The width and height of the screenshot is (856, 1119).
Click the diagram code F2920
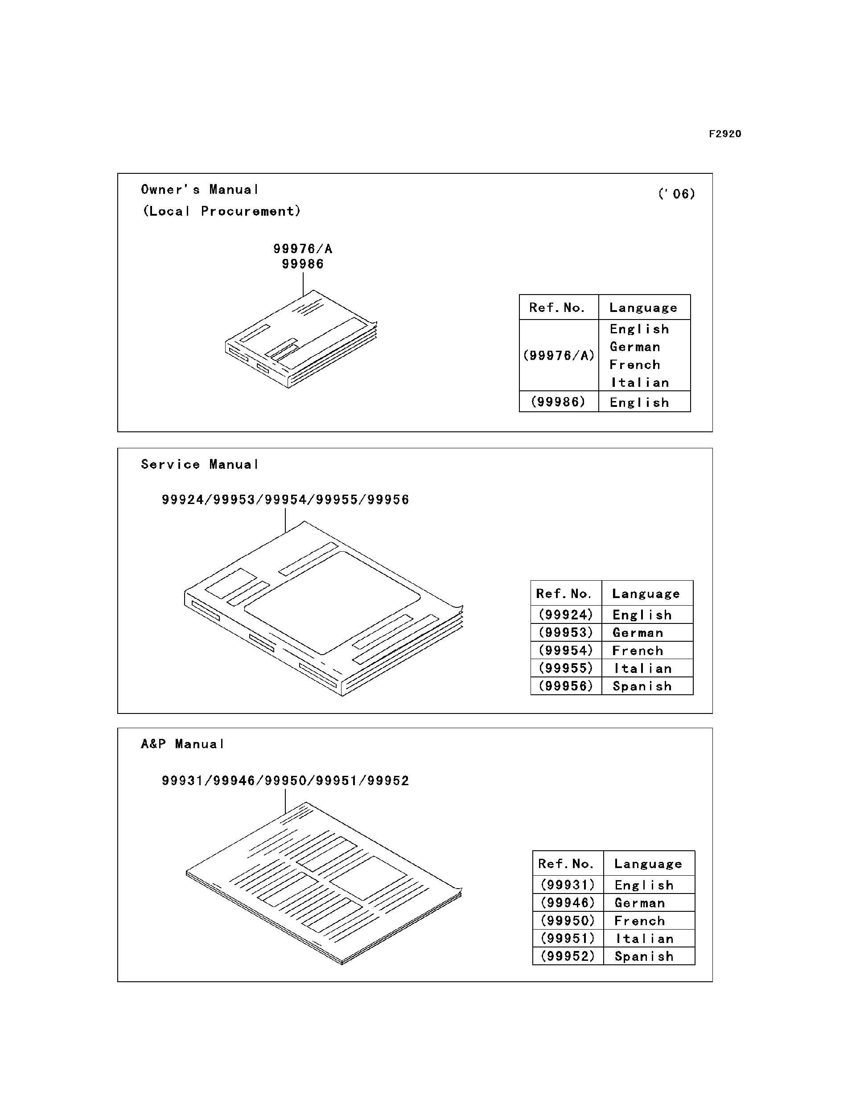pyautogui.click(x=724, y=134)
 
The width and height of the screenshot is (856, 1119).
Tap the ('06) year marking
pyautogui.click(x=676, y=194)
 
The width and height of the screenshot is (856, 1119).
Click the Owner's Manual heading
pyautogui.click(x=200, y=190)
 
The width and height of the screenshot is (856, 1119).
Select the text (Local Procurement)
pyautogui.click(x=222, y=211)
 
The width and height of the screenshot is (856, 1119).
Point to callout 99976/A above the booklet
pyautogui.click(x=303, y=249)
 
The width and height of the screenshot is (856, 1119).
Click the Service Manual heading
pyautogui.click(x=200, y=464)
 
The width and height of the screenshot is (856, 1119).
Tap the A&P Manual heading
pyautogui.click(x=182, y=744)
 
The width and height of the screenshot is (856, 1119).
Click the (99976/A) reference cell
pyautogui.click(x=559, y=356)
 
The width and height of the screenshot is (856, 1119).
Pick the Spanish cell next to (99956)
pyautogui.click(x=642, y=687)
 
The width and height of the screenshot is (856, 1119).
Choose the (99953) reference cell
pyautogui.click(x=566, y=633)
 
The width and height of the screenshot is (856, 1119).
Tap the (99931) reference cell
pyautogui.click(x=568, y=885)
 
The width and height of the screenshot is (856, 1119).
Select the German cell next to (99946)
pyautogui.click(x=640, y=903)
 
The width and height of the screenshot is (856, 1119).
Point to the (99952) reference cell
pyautogui.click(x=568, y=956)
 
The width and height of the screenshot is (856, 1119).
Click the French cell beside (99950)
pyautogui.click(x=639, y=921)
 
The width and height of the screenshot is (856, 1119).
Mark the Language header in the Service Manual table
pyautogui.click(x=646, y=594)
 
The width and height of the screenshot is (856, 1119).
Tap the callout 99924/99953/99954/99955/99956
pyautogui.click(x=285, y=500)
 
